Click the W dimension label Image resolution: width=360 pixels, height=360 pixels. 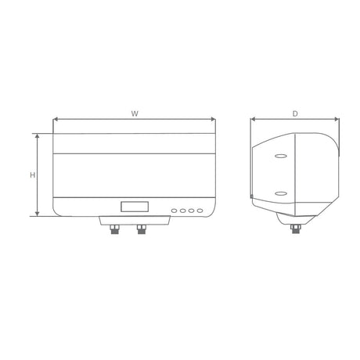pos(135,113)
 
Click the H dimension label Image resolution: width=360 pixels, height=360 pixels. pos(32,175)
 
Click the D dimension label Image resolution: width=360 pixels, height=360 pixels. pos(295,113)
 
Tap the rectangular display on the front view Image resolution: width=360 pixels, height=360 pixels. pos(135,207)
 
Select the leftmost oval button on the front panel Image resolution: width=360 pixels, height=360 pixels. pos(175,211)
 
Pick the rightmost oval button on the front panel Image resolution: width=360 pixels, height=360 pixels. pos(200,211)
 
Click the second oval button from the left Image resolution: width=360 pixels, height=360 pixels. pos(182,211)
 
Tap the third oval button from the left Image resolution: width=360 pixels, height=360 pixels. pos(191,211)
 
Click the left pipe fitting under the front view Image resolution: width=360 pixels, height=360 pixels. pos(115,229)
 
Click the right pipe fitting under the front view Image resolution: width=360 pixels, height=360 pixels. pos(142,229)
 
